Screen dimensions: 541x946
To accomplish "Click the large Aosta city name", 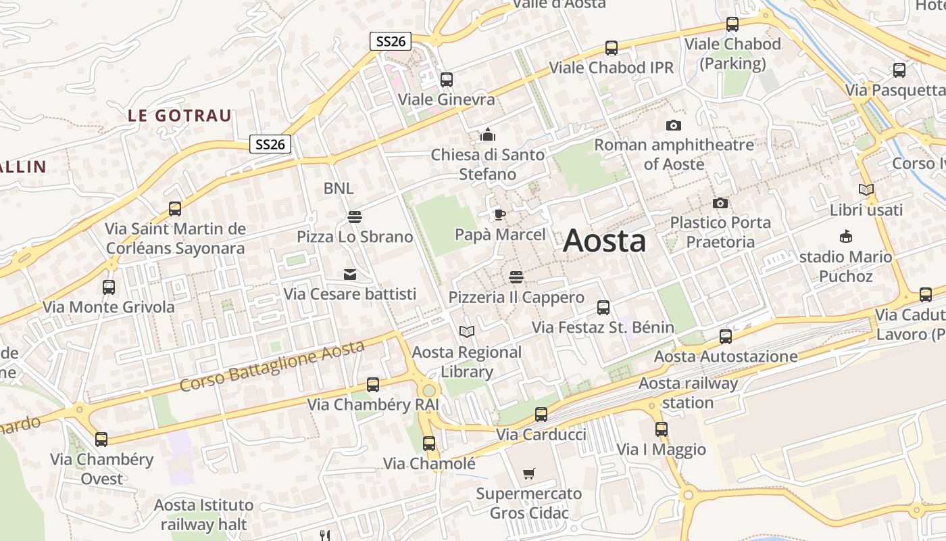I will (x=604, y=241).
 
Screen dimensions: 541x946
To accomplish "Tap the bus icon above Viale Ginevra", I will (x=446, y=80).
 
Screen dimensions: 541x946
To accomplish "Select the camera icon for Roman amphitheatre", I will (x=674, y=125).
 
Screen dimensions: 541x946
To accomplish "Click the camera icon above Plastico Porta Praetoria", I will (x=720, y=203).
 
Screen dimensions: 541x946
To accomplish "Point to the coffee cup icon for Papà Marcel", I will (x=499, y=215).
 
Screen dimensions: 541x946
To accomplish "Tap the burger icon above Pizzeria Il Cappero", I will (x=516, y=277).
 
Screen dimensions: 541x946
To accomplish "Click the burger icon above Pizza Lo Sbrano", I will (x=354, y=217).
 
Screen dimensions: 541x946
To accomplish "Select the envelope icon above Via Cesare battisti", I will (x=350, y=275).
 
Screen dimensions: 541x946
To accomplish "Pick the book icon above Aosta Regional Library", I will (x=466, y=332).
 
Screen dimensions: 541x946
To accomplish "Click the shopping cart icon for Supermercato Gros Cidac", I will (x=528, y=474).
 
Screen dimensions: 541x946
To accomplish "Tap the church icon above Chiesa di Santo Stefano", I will (x=487, y=135).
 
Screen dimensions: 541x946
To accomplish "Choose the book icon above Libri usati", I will (x=866, y=190).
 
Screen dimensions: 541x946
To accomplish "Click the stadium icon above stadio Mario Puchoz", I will (x=845, y=237).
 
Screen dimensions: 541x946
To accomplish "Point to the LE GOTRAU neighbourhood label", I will (x=179, y=116).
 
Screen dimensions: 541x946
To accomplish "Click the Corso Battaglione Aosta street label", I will (x=272, y=367).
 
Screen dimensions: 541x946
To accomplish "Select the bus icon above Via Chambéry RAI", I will (x=372, y=385).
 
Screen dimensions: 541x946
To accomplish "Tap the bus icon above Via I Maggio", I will (x=661, y=429).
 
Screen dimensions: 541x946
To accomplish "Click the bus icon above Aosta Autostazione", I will (x=725, y=336).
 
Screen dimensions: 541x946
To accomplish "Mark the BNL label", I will (x=338, y=189).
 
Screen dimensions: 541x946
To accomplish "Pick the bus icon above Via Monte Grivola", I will (x=109, y=287).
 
